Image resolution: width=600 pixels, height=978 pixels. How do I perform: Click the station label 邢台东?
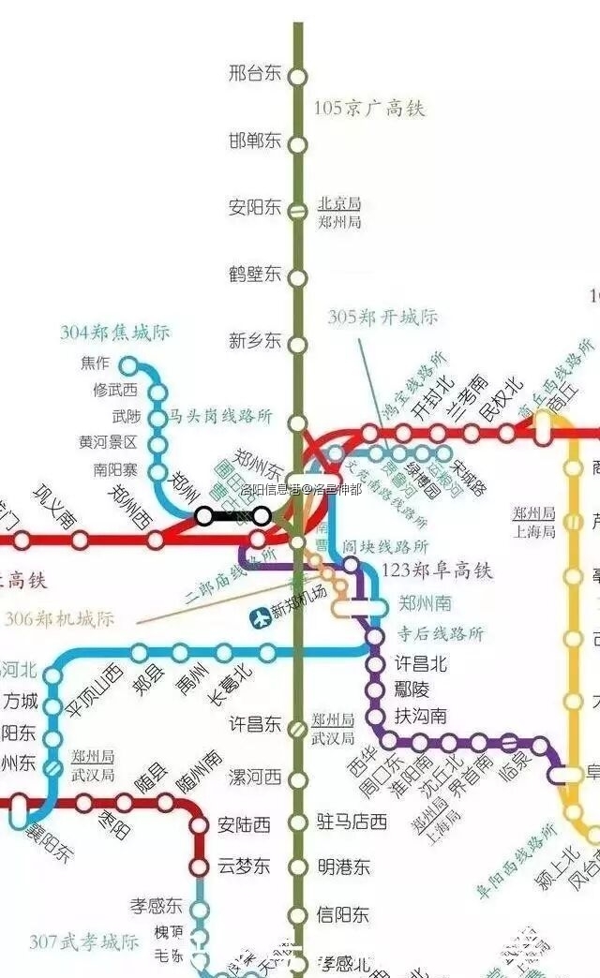pos(254,73)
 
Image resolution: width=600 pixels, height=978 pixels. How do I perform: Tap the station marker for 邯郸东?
pos(297,144)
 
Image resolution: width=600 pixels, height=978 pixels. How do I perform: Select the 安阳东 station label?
pos(254,208)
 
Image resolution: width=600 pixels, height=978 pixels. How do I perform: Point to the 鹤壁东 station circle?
pos(297,277)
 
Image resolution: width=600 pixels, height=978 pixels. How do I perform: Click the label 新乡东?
pos(254,341)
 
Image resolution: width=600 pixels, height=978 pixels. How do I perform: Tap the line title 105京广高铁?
pos(368,109)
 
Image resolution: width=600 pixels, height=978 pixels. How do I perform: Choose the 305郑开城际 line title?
pos(382,318)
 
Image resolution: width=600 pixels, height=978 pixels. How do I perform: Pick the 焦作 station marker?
pos(129,365)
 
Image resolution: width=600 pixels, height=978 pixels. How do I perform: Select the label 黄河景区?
pos(109,442)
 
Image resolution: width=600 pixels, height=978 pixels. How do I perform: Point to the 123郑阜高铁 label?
pos(438,570)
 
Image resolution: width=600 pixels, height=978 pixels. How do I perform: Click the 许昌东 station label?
pos(254,724)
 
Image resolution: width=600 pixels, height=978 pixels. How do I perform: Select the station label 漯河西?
pos(254,778)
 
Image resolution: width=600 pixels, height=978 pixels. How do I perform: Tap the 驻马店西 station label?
pos(352,822)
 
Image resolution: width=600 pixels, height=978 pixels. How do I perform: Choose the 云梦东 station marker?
pos(200,865)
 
